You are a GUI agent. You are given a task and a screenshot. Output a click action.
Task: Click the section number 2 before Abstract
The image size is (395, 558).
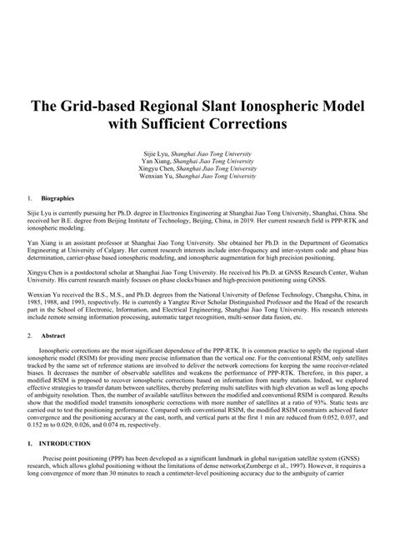click(x=30, y=334)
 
